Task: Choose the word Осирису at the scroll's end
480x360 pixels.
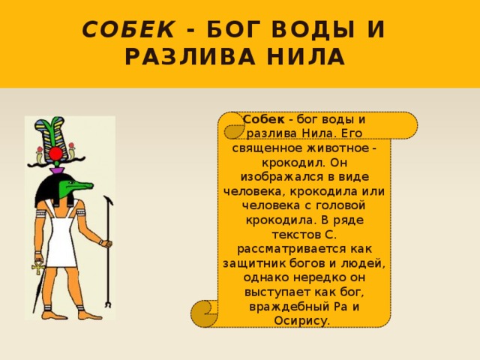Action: point(304,320)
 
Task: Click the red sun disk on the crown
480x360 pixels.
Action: point(55,154)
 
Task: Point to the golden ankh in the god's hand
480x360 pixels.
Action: point(34,267)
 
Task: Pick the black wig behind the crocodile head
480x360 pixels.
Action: point(47,191)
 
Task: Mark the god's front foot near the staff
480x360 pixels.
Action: point(88,314)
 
